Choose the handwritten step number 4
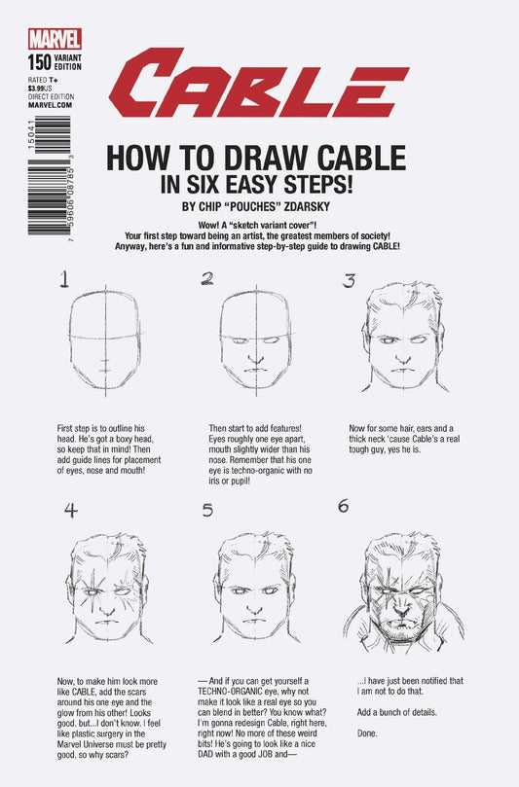70,509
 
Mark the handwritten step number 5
207,509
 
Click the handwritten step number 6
342,506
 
